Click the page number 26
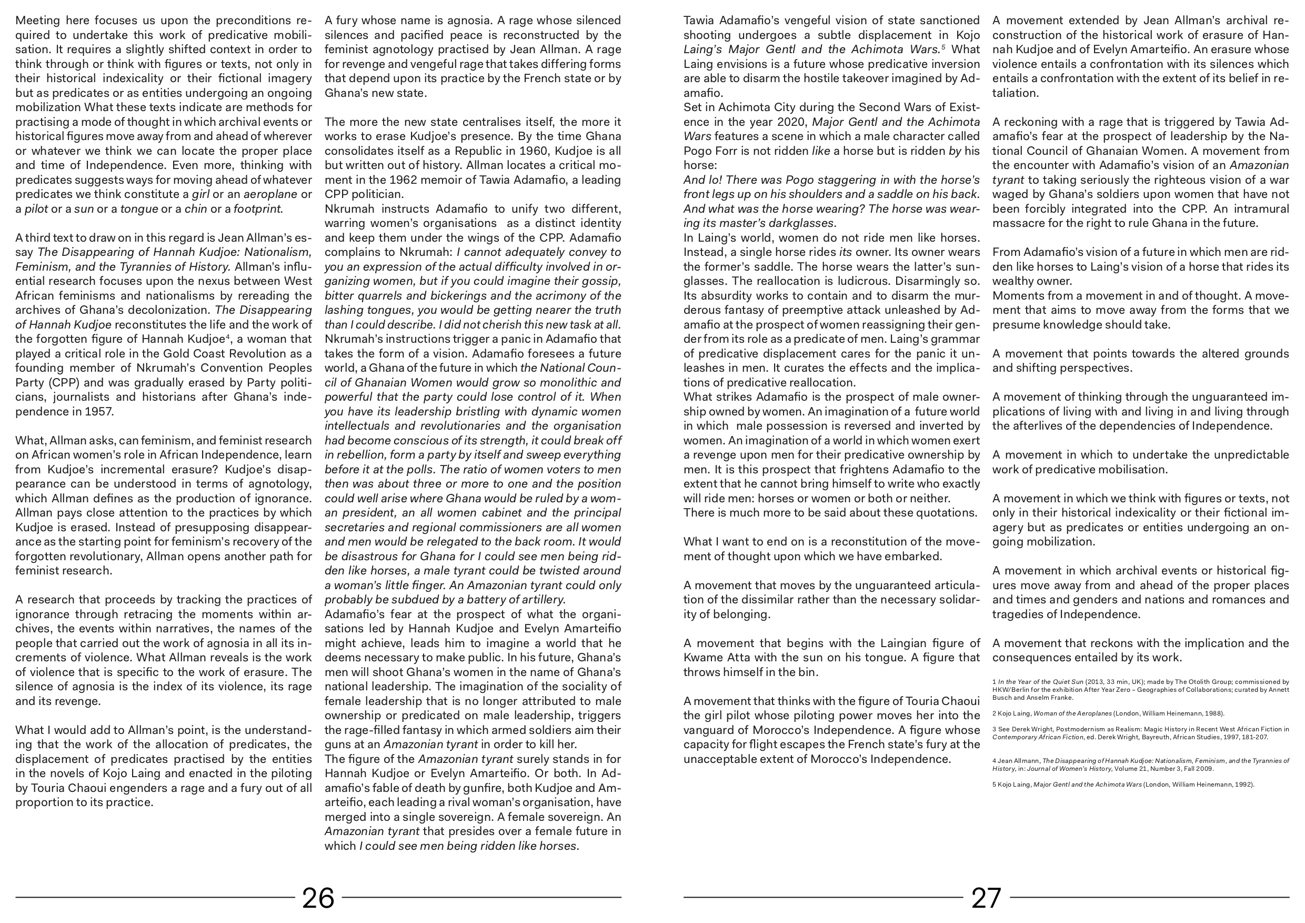coord(318,898)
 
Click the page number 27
coord(986,898)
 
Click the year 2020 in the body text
coord(793,122)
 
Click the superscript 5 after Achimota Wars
coord(943,47)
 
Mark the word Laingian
coord(902,643)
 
